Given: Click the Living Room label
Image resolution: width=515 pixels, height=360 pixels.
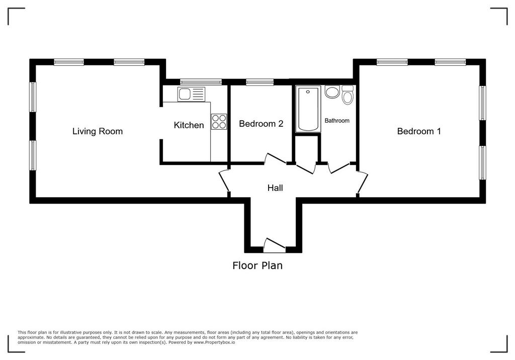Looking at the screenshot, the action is click(x=98, y=131).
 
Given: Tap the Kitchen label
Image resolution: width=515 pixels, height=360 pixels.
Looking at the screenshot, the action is click(x=189, y=125).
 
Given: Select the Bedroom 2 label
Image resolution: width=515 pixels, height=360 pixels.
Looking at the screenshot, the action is click(x=261, y=124).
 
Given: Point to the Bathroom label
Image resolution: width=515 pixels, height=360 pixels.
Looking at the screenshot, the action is click(x=337, y=121).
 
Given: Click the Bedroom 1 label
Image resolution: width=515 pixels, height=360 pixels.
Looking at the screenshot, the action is click(x=419, y=131).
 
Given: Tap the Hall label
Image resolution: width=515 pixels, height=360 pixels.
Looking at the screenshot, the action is click(x=275, y=188).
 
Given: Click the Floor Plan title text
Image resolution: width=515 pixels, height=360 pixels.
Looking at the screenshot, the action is click(x=257, y=265).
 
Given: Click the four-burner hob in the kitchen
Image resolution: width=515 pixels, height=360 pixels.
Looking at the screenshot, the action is click(x=219, y=121).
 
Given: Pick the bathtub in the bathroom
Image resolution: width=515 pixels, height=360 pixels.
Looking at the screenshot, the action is click(x=308, y=109).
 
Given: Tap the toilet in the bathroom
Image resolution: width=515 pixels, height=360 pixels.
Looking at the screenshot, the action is click(x=347, y=95).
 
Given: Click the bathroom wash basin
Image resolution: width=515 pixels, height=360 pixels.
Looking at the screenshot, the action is click(x=332, y=92).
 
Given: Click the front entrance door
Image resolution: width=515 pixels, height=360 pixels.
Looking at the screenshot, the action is click(x=274, y=246).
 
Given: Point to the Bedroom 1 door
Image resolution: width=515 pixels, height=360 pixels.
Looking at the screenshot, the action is click(x=362, y=182).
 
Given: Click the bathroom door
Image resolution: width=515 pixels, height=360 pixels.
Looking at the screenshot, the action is click(x=340, y=168).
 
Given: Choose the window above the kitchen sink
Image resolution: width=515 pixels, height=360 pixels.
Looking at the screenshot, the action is click(x=201, y=82).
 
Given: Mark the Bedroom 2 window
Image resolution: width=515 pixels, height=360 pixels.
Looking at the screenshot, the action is click(x=260, y=82).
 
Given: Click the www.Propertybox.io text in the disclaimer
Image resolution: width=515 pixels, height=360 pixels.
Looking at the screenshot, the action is click(x=214, y=342).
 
